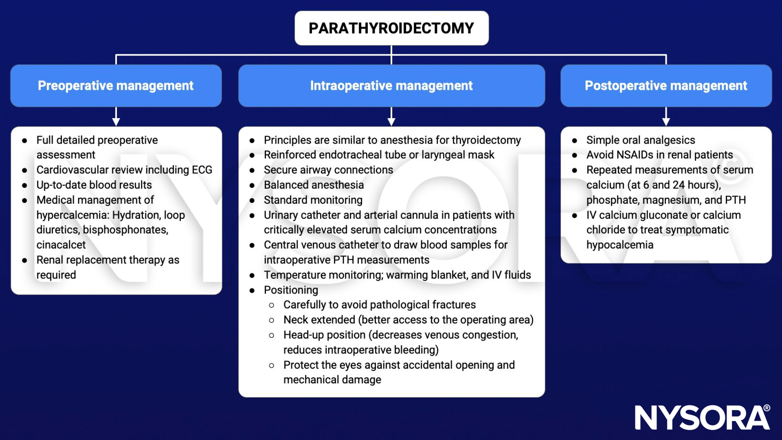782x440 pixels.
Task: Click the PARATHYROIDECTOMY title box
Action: (391, 28)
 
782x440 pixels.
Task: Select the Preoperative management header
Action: (116, 86)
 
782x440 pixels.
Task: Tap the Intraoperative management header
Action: (391, 86)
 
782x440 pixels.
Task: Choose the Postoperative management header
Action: (666, 86)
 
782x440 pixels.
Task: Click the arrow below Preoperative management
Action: (116, 117)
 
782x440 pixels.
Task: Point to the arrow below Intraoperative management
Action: (391, 117)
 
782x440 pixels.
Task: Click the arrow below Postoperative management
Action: (666, 117)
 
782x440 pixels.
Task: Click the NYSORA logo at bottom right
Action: (702, 417)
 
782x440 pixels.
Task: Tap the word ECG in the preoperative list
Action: (202, 170)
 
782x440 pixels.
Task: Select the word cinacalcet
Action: (61, 245)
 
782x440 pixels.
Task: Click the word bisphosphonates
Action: (125, 230)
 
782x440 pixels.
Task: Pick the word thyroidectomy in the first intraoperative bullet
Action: (486, 140)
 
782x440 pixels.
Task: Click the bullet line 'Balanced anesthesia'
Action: (314, 185)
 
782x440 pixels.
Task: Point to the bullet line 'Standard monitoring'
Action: (313, 200)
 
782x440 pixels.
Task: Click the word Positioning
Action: (291, 290)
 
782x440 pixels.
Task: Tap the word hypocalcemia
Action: (620, 245)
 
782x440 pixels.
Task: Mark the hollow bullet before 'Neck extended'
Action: (272, 320)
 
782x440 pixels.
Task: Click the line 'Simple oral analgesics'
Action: (640, 140)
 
